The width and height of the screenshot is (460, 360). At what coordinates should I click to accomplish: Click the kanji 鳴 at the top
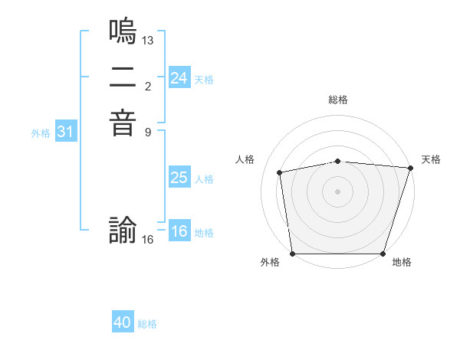(123, 32)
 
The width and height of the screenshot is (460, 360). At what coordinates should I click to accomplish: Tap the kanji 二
(123, 78)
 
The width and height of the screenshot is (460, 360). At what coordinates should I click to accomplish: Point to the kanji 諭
(123, 231)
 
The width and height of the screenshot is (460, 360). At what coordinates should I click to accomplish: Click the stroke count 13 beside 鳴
(148, 39)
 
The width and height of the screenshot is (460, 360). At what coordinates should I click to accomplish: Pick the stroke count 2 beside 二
(148, 85)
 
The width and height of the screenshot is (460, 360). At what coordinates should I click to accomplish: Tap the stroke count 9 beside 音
(148, 131)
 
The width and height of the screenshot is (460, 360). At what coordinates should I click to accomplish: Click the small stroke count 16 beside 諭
(148, 239)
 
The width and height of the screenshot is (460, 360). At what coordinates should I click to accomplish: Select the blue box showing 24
(179, 78)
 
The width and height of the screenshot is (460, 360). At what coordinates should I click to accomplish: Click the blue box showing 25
(179, 178)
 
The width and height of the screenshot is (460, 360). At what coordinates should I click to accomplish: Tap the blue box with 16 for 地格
(179, 231)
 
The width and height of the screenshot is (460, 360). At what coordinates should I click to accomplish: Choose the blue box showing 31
(66, 132)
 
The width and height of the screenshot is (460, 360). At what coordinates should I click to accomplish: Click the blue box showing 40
(123, 322)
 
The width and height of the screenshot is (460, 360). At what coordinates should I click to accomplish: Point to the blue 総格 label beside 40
(148, 324)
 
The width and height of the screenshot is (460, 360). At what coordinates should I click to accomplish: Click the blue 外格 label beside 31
(41, 133)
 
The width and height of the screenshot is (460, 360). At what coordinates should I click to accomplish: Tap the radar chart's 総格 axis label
(338, 100)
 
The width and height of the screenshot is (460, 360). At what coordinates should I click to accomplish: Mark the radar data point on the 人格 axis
(280, 172)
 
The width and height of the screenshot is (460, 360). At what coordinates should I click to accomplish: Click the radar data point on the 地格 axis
(383, 253)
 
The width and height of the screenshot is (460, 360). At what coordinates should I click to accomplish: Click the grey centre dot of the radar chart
(338, 191)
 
